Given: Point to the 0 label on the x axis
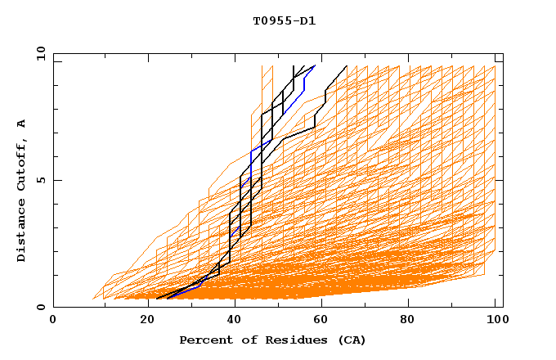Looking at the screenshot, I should pos(54,321).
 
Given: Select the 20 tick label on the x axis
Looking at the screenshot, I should pos(144,321).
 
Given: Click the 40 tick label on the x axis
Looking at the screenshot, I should pos(234,321).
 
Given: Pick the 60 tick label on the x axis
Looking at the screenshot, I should pos(324,321).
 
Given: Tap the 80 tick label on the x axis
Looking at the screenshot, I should pos(414,321).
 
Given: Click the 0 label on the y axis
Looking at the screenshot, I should pos(40,308).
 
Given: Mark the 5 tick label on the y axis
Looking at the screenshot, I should pos(40,181).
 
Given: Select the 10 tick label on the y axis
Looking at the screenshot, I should pos(38,54).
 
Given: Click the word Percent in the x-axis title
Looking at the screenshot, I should pos(204,340).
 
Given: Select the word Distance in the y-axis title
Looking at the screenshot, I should pos(21,232).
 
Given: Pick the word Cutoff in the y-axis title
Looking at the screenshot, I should pos(21,165).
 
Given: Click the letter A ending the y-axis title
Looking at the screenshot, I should pos(21,123).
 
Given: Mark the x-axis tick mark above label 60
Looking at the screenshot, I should pos(323,304).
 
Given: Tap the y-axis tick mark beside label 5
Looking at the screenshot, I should pos(57,181).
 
